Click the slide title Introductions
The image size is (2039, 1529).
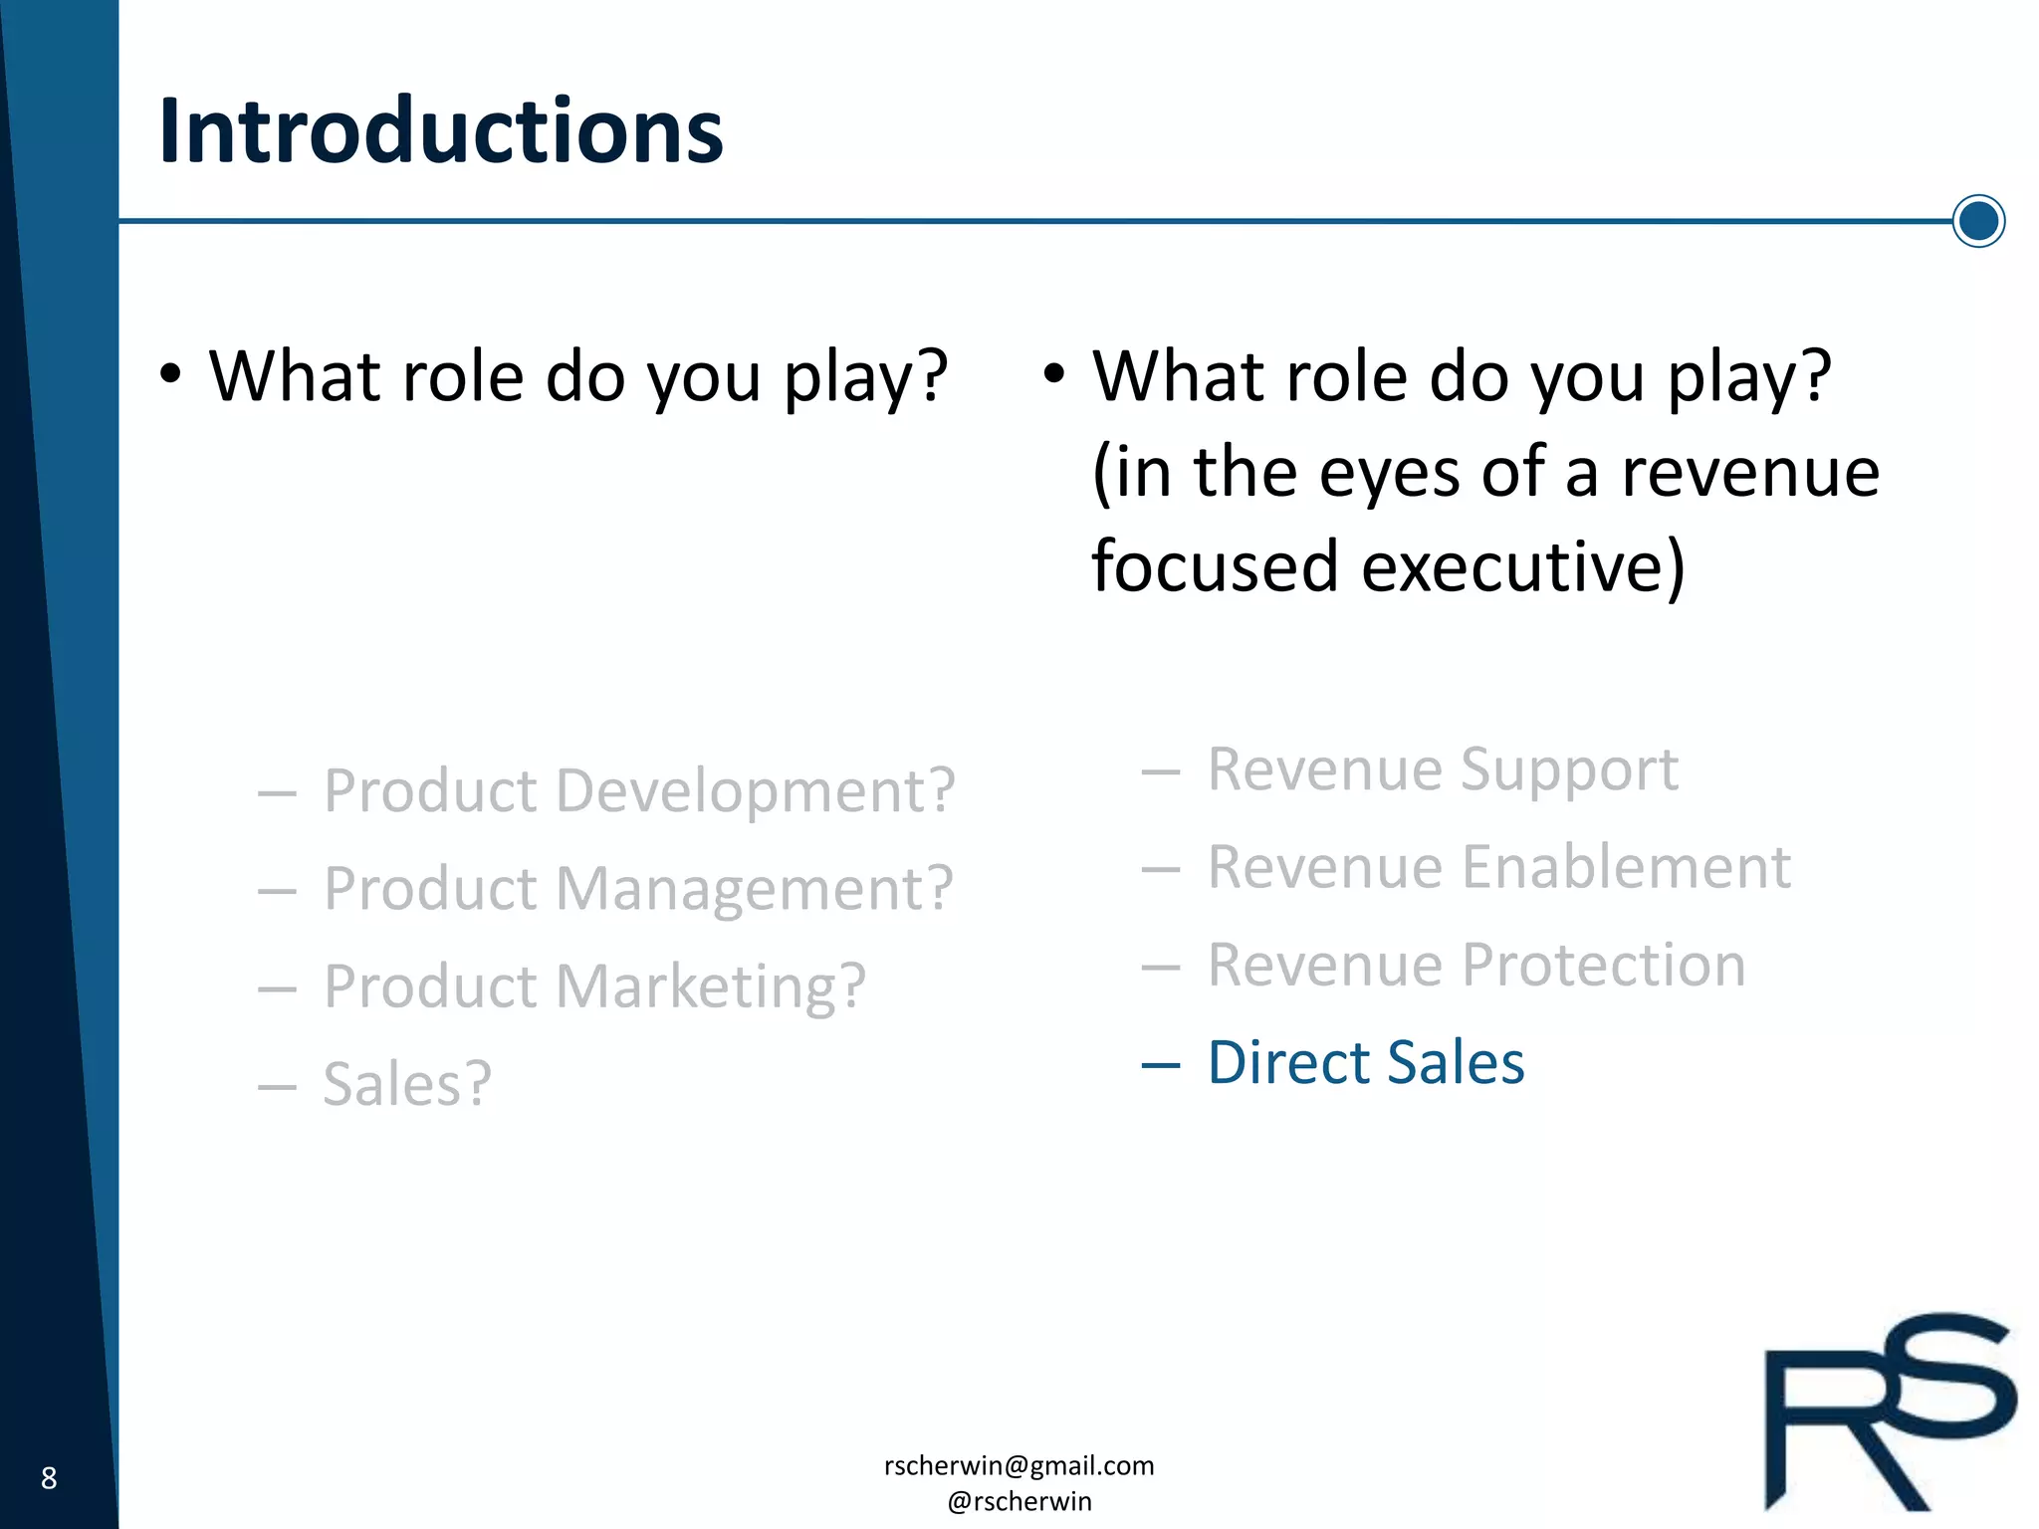(440, 132)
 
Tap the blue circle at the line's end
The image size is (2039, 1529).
(1977, 221)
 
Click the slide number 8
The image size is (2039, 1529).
(49, 1478)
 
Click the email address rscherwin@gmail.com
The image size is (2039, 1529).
(1019, 1465)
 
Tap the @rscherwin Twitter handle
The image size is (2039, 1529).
(1019, 1501)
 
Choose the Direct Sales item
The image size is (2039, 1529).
(1365, 1063)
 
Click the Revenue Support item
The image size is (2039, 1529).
(1442, 770)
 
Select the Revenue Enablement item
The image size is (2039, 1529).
(1498, 867)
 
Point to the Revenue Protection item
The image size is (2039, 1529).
(1475, 966)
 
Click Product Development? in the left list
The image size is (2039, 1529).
(639, 791)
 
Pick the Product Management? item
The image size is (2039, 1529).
(638, 889)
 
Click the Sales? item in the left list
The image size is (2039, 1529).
(407, 1084)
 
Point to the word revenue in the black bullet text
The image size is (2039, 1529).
(1750, 473)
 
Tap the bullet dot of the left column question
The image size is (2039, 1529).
(170, 375)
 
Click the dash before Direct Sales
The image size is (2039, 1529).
(1160, 1065)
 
